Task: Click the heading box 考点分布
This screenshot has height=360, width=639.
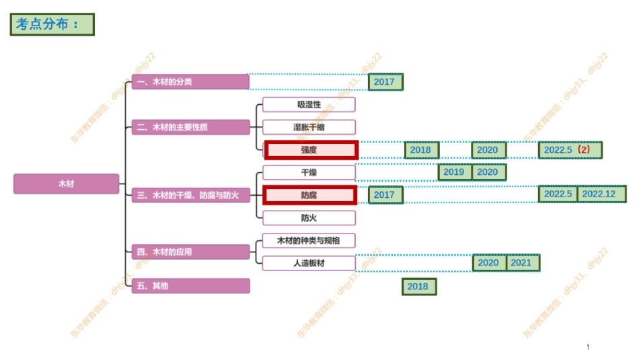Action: [x=52, y=24]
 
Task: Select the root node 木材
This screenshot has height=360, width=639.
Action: [x=66, y=184]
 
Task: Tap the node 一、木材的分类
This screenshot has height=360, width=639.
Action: [x=190, y=82]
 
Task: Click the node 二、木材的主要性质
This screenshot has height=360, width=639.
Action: [x=190, y=127]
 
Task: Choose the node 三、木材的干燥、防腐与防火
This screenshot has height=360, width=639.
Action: [x=190, y=195]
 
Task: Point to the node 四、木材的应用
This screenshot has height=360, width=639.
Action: [x=190, y=252]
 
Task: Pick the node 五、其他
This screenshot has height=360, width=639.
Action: [x=190, y=286]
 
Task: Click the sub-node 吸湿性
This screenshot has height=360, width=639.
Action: [x=309, y=104]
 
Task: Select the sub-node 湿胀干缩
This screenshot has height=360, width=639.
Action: [x=309, y=127]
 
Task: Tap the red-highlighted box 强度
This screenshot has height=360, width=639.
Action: [x=310, y=149]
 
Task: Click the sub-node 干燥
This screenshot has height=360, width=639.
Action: [x=309, y=172]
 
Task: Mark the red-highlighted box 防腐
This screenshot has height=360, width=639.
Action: [x=310, y=195]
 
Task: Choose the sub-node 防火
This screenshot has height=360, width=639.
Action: [x=309, y=217]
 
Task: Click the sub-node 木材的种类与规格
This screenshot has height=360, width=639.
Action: [x=309, y=240]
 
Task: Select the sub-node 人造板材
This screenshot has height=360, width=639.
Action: [x=309, y=263]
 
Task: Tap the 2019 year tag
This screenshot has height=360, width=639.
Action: [x=454, y=172]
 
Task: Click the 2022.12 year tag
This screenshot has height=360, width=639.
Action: [x=599, y=194]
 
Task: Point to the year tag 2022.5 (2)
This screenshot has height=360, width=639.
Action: [x=570, y=149]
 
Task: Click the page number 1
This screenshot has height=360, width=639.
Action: [x=588, y=347]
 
